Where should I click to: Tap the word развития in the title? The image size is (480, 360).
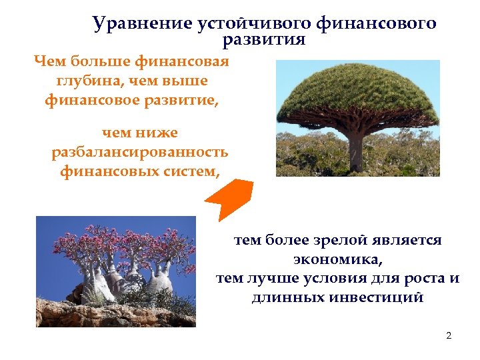click(x=264, y=40)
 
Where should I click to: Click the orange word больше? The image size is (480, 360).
click(x=99, y=63)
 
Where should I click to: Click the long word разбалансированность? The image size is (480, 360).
click(x=140, y=152)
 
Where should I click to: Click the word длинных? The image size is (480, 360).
click(x=287, y=297)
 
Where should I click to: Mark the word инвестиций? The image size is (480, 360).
click(x=375, y=297)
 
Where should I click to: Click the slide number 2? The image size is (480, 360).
click(x=449, y=335)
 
